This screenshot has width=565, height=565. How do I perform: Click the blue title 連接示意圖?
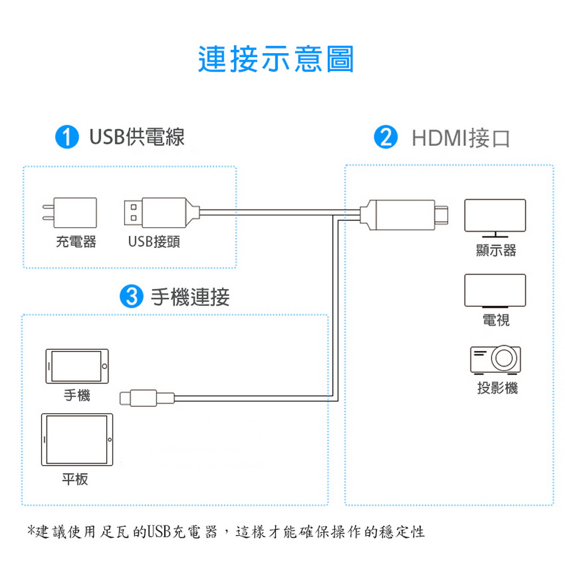(x=276, y=59)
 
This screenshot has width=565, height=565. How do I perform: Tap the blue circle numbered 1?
(x=67, y=137)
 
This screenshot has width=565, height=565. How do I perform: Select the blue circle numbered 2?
(x=385, y=137)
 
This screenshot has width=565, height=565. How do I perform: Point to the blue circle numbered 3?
(x=131, y=296)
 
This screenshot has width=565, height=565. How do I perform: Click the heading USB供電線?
(x=137, y=137)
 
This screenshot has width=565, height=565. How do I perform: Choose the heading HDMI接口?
(x=460, y=138)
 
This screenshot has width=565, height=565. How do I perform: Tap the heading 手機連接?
(x=190, y=297)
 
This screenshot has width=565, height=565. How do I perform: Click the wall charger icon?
(x=69, y=212)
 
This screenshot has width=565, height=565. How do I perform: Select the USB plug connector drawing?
(x=162, y=212)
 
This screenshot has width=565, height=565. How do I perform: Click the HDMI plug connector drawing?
(x=404, y=215)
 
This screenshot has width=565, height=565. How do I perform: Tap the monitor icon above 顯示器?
(x=495, y=218)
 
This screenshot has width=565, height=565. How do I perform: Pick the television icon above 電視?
(x=495, y=291)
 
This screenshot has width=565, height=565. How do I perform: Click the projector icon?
(x=496, y=359)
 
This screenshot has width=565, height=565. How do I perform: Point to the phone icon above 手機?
(x=77, y=366)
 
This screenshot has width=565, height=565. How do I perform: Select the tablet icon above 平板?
(x=77, y=440)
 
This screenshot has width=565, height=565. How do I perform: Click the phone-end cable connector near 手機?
(x=147, y=398)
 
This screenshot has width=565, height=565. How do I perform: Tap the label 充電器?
(x=76, y=242)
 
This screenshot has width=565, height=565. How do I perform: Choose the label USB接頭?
(x=154, y=242)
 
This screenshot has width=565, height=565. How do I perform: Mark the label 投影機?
(x=497, y=388)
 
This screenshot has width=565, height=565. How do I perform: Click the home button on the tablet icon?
(x=110, y=440)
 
